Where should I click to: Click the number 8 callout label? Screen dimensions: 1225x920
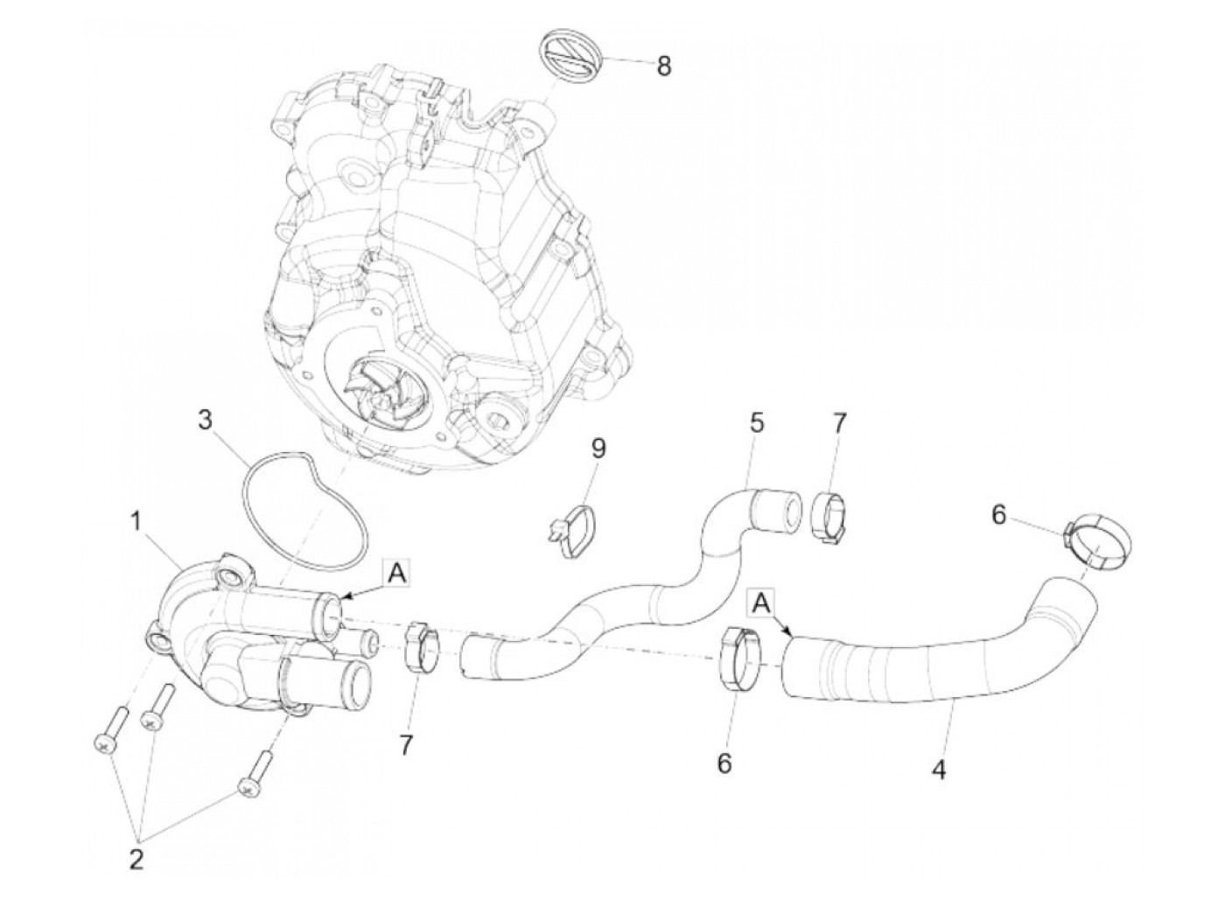pos(662,66)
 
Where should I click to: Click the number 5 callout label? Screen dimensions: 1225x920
pos(756,424)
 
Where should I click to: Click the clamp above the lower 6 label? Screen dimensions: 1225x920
pos(739,659)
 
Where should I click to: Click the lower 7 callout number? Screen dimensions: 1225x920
pos(406,745)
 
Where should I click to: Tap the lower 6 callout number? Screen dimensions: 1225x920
pos(724,763)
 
